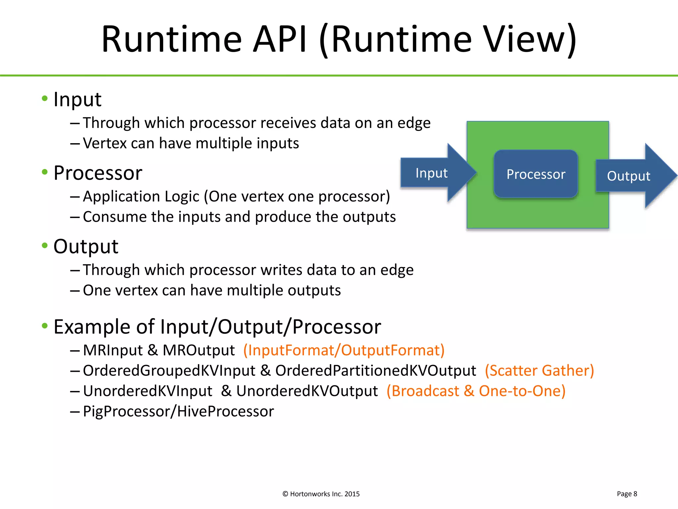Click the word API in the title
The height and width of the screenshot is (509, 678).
(x=280, y=40)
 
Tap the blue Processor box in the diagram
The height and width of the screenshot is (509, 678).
(x=536, y=174)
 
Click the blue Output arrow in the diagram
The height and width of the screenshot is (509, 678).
(x=629, y=176)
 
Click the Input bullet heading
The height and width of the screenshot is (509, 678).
(x=77, y=99)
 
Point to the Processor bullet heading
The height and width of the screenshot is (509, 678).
(x=98, y=173)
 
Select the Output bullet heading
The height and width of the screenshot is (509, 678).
(x=86, y=247)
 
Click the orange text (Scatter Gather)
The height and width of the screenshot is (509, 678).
(x=539, y=370)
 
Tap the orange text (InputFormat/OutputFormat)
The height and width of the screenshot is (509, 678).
(x=344, y=350)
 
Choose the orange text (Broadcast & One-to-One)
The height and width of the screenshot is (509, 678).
(x=476, y=391)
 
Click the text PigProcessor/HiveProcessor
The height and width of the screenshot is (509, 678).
(x=178, y=412)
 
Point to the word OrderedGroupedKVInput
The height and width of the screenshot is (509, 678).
(x=169, y=370)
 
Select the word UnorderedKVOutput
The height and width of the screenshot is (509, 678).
(x=307, y=391)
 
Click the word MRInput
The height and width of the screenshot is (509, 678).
(x=113, y=350)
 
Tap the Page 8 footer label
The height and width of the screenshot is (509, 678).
(x=627, y=494)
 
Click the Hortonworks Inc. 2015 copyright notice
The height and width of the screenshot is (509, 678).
(x=321, y=494)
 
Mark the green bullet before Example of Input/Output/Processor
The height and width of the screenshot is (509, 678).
(x=45, y=326)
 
